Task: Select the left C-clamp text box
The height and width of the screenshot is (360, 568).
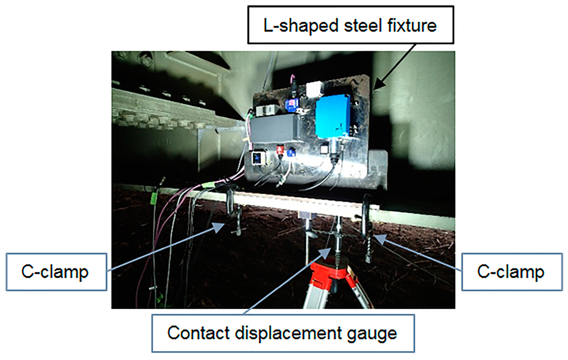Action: tap(57, 271)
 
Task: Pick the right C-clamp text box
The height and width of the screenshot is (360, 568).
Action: tap(511, 271)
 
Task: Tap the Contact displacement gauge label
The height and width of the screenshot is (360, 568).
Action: tap(283, 333)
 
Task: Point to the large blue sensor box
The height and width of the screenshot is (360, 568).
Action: tap(333, 115)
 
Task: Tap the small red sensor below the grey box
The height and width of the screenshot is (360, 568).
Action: tap(281, 150)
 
